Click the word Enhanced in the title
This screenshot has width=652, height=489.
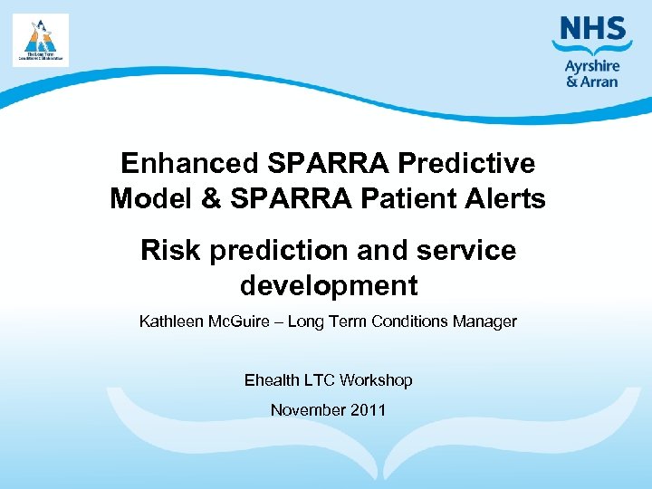189,163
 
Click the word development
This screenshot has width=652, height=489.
328,286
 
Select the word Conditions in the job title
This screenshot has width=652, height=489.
412,321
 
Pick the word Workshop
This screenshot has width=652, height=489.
379,380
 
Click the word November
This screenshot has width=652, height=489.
309,410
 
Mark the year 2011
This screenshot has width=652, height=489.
369,410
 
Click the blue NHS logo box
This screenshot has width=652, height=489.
592,30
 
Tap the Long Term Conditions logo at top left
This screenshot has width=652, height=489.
40,40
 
